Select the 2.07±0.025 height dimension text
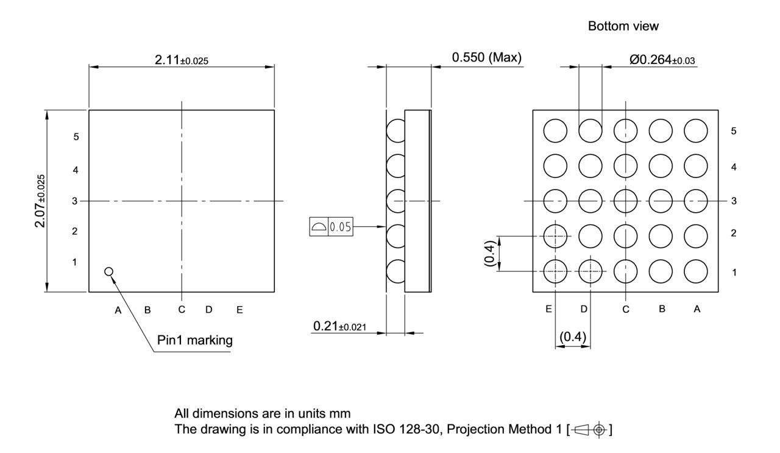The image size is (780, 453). (x=40, y=201)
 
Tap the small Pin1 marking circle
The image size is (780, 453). (x=109, y=271)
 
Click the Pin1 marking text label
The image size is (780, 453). (x=194, y=340)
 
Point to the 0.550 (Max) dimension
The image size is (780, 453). (x=486, y=58)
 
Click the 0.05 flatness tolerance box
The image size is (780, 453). (x=330, y=227)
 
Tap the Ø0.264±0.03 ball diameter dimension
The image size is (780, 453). (x=661, y=59)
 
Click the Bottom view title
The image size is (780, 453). (x=623, y=26)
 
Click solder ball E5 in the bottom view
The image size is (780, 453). (x=555, y=130)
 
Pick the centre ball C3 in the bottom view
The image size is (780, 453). (x=626, y=200)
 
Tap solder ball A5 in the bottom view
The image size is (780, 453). (x=696, y=130)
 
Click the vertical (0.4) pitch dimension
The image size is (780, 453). (x=489, y=252)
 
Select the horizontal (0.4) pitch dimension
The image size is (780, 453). (x=572, y=337)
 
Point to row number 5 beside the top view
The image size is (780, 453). (x=76, y=137)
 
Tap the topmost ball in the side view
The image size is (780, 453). (x=396, y=130)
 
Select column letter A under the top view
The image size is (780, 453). (x=119, y=310)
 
